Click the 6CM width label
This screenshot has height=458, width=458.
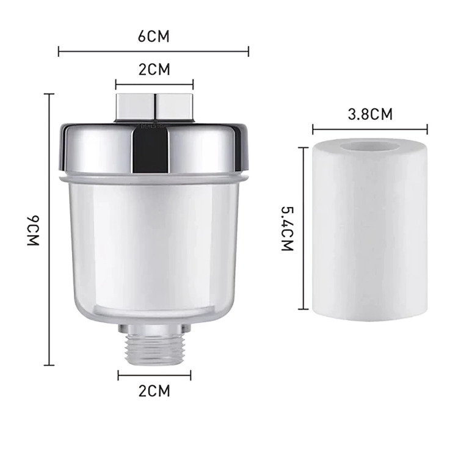pos(153,36)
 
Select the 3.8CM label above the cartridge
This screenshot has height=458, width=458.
pos(369,114)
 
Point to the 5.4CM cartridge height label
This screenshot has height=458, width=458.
pos(287,228)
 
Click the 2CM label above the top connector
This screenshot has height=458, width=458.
pos(154,69)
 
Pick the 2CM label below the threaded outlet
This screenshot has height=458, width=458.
pos(154,391)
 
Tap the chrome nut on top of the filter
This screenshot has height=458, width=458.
pos(154,107)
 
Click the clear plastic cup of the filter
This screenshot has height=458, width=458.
pos(154,244)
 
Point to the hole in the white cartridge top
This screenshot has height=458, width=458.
pos(369,148)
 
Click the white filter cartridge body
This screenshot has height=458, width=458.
pos(369,238)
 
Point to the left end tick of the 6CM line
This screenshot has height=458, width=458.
pos(59,52)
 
